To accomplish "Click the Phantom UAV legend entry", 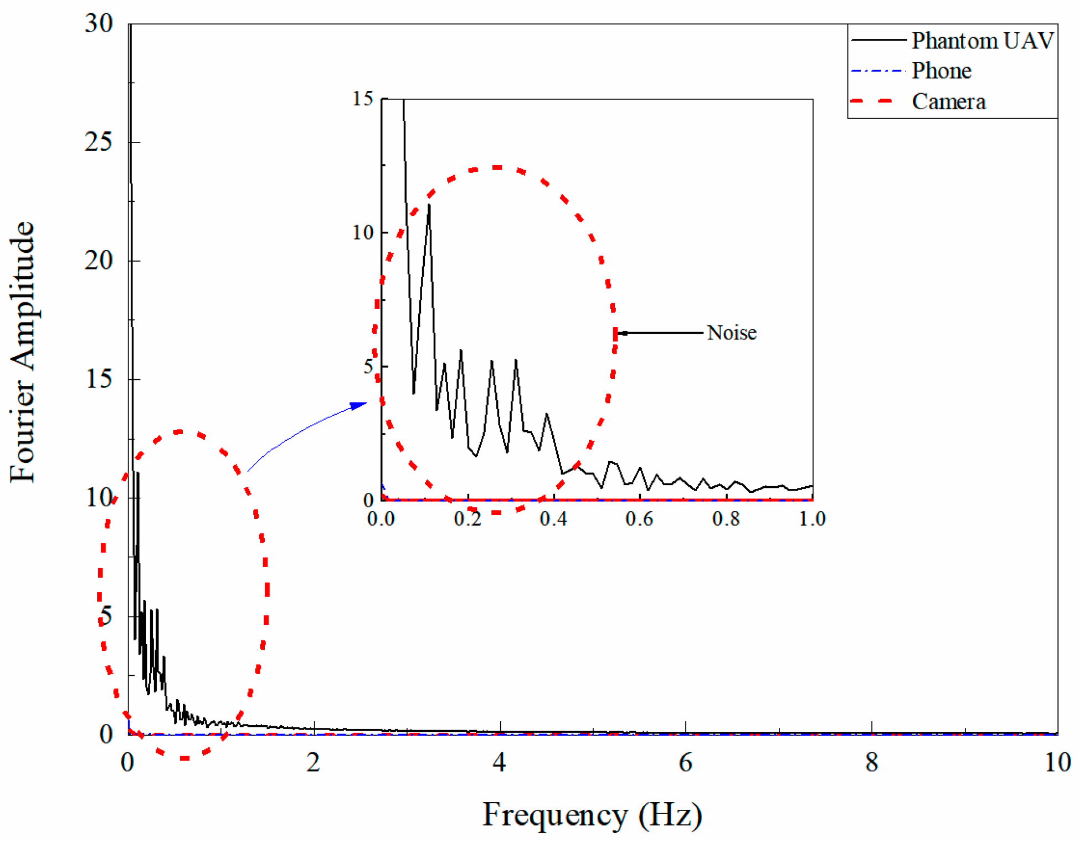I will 982,40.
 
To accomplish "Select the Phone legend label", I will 941,70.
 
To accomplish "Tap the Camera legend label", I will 948,101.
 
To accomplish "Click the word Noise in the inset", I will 731,333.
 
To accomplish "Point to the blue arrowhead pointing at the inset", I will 359,405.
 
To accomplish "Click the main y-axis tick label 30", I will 99,23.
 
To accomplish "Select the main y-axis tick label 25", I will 99,142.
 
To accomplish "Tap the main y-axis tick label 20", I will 99,261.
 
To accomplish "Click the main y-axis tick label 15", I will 99,379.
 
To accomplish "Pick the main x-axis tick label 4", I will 499,763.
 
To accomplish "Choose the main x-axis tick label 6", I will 685,763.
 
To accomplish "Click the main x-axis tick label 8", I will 871,763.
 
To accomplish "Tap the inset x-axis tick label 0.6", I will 639,519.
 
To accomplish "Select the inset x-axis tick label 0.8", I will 726,519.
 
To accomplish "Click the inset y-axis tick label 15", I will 363,99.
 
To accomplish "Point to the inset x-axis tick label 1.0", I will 812,519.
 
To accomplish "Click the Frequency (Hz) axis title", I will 592,814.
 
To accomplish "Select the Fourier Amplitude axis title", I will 23,351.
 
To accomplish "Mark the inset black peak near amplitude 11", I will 429,206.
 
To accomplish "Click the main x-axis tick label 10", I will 1057,763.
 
